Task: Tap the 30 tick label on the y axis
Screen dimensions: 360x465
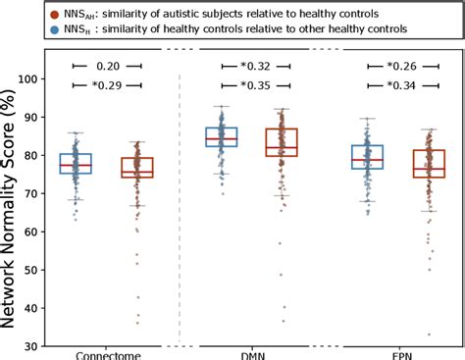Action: (31, 346)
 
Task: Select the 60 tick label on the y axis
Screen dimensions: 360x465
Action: (31, 231)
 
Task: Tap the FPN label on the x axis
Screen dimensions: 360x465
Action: (401, 353)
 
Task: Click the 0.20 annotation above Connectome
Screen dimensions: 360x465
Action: (107, 67)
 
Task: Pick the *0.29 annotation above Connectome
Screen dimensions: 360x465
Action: (107, 86)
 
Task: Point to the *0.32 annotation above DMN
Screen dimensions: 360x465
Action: (254, 67)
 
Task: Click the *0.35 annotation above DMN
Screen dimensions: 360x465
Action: (254, 86)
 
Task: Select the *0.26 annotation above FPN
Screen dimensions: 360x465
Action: (401, 67)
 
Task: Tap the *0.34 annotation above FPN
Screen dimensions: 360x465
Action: (401, 86)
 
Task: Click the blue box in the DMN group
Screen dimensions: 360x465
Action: (221, 136)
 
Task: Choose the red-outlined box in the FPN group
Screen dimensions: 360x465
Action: (430, 163)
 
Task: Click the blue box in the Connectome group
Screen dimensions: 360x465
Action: (75, 163)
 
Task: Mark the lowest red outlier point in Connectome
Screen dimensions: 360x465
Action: (137, 322)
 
